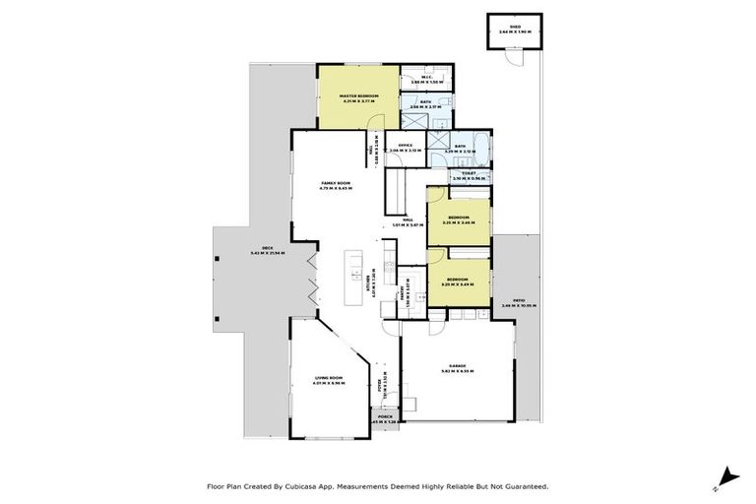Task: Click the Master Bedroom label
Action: tap(360, 97)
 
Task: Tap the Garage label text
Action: tap(458, 368)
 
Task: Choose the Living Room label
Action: tap(328, 380)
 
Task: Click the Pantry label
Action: tap(406, 292)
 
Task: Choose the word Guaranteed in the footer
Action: tap(525, 486)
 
